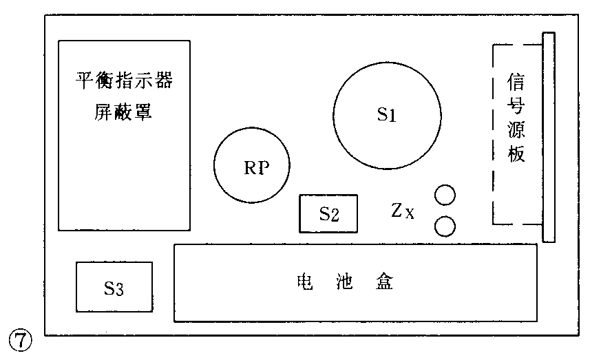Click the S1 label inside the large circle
[x=387, y=115]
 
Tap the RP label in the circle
[x=255, y=167]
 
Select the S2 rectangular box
[x=329, y=214]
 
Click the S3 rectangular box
[x=114, y=288]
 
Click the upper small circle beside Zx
[x=445, y=195]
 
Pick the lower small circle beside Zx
[x=445, y=226]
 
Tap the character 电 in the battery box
[x=303, y=282]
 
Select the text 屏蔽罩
[x=123, y=112]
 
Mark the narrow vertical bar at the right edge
[x=548, y=137]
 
